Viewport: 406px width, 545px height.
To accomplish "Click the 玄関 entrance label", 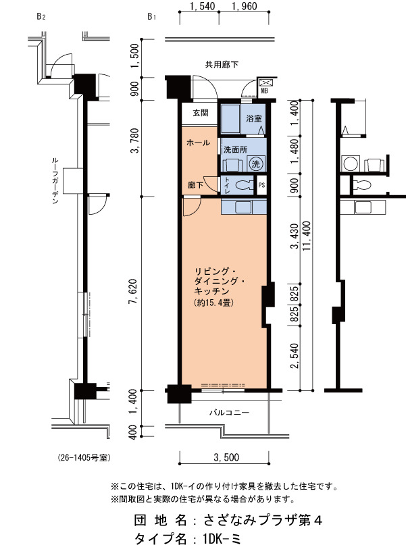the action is [201, 113].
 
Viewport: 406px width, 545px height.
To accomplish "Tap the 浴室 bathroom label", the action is [254, 119].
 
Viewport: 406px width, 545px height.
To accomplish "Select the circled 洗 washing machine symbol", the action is [256, 163].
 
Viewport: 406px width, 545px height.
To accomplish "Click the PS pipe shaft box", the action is [261, 185].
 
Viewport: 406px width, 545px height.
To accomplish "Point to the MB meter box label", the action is [265, 91].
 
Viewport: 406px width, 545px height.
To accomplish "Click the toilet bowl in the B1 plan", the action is [245, 185].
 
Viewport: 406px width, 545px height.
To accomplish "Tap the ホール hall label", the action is [198, 142].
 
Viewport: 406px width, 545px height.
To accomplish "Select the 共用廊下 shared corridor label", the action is [222, 64].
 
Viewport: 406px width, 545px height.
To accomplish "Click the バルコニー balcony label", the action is [229, 413].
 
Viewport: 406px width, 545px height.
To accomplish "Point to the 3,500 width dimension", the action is [226, 457].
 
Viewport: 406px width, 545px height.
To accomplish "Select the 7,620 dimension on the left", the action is [134, 291].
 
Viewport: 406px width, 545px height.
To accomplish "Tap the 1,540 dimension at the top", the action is [203, 6].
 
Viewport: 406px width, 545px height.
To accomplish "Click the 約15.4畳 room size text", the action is [213, 303].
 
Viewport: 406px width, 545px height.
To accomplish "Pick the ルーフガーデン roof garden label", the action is [55, 180].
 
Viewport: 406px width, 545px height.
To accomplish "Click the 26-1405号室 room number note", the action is [84, 458].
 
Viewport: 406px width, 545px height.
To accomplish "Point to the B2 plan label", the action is [41, 16].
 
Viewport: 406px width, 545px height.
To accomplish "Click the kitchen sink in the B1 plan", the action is [244, 207].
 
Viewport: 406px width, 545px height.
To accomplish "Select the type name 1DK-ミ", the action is [222, 538].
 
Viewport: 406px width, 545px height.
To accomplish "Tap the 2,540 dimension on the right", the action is [295, 356].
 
